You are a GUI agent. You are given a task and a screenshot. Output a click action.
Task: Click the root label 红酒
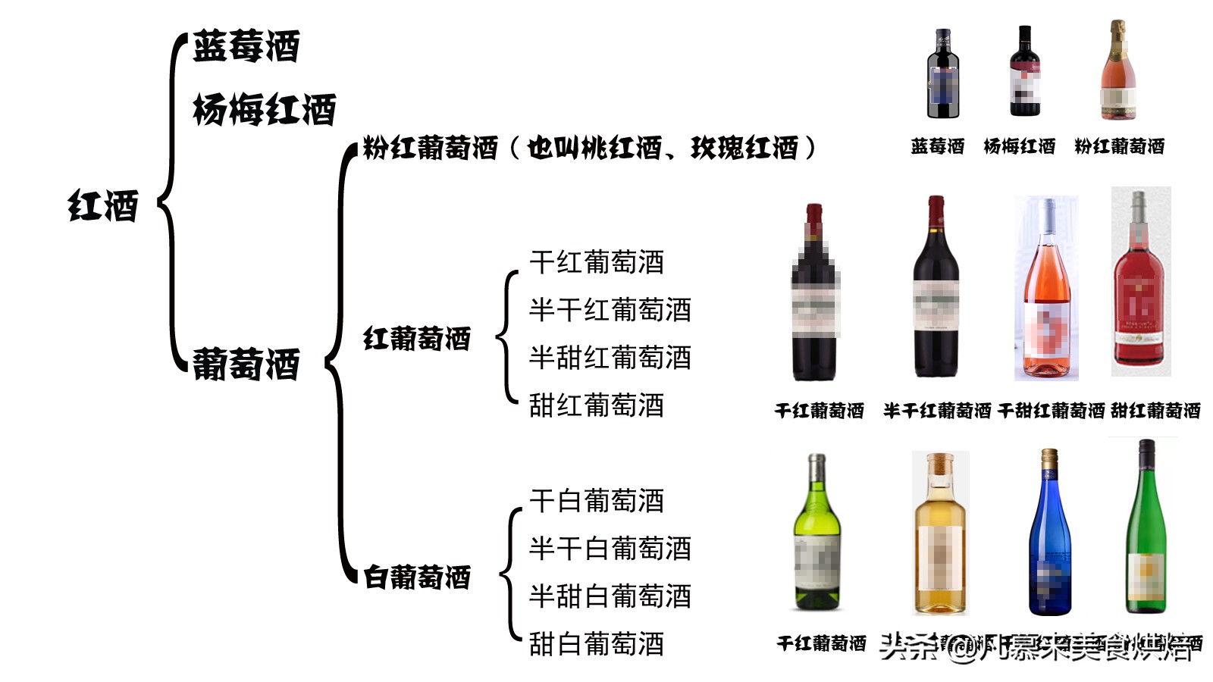pyautogui.click(x=103, y=206)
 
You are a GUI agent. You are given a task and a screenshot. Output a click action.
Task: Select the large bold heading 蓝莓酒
pyautogui.click(x=246, y=47)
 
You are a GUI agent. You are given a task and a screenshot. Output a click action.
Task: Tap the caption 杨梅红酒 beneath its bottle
pyautogui.click(x=1019, y=146)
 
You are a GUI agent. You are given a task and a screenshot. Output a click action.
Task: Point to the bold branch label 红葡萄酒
pyautogui.click(x=417, y=339)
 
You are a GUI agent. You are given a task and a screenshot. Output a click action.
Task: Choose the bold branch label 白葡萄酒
pyautogui.click(x=417, y=577)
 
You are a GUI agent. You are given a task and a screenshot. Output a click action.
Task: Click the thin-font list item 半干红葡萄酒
pyautogui.click(x=610, y=310)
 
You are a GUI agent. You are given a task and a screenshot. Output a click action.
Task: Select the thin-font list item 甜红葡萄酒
pyautogui.click(x=596, y=405)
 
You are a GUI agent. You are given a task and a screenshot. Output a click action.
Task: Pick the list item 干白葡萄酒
pyautogui.click(x=596, y=501)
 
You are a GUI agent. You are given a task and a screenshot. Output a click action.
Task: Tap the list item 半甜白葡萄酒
pyautogui.click(x=610, y=596)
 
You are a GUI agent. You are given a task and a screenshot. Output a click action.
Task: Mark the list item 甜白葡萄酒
pyautogui.click(x=596, y=644)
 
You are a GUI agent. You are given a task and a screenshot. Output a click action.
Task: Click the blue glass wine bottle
pyautogui.click(x=1049, y=534)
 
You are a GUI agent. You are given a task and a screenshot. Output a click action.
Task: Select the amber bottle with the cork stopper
pyautogui.click(x=940, y=534)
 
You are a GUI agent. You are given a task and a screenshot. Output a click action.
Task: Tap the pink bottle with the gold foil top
pyautogui.click(x=1117, y=72)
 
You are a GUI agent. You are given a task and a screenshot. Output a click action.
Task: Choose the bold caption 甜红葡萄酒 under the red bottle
pyautogui.click(x=1155, y=411)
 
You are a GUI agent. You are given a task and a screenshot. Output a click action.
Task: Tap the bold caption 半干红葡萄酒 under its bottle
pyautogui.click(x=937, y=411)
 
